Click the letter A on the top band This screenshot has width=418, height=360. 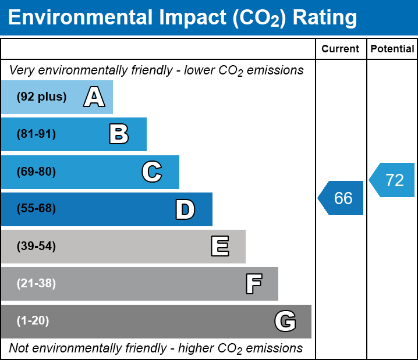[x=94, y=97]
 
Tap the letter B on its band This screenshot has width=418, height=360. [x=119, y=134]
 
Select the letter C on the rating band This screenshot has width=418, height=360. [x=151, y=172]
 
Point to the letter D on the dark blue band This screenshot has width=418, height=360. [x=185, y=209]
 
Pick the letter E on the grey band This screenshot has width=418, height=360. [x=219, y=247]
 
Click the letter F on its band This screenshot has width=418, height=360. [x=253, y=284]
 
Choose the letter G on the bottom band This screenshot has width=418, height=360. [x=285, y=321]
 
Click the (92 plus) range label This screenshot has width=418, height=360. [x=41, y=97]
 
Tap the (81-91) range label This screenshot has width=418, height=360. [x=36, y=134]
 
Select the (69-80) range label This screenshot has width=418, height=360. [x=36, y=172]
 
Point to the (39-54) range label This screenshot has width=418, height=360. [x=36, y=247]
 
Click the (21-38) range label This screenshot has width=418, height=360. [x=36, y=284]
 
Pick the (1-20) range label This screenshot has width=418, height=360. [x=33, y=321]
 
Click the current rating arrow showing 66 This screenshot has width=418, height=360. [x=342, y=198]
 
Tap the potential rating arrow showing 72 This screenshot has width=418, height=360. [x=393, y=180]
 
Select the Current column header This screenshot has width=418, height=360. [x=341, y=49]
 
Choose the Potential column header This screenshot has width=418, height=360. [x=392, y=49]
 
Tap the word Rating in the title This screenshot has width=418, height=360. [x=324, y=17]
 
